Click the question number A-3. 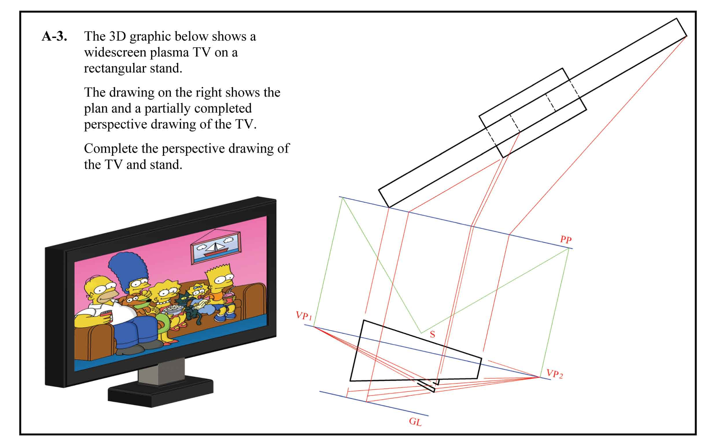tap(54, 36)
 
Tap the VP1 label tap(304, 315)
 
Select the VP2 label tap(555, 373)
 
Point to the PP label tap(566, 239)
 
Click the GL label tap(415, 421)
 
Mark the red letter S tap(432, 334)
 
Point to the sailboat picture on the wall tap(215, 247)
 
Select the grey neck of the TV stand tap(161, 371)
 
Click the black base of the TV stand tap(161, 392)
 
